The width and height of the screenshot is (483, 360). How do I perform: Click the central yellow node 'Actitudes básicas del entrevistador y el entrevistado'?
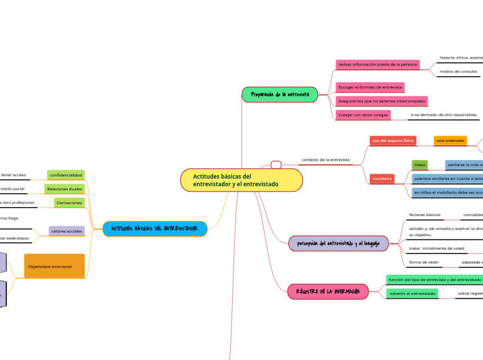[x=241, y=180]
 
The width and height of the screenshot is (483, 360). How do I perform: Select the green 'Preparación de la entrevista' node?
[x=279, y=94]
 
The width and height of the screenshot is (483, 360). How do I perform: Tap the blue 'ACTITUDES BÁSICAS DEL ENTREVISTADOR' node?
[x=155, y=228]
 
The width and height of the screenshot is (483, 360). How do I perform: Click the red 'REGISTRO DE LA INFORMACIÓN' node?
[x=328, y=291]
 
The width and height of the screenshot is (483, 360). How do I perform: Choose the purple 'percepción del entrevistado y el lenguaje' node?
[x=338, y=244]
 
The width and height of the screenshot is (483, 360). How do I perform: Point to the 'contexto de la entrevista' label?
[x=325, y=159]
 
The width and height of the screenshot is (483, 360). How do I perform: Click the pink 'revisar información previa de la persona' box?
[x=378, y=64]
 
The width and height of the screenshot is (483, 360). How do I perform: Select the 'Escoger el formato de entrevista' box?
[x=369, y=87]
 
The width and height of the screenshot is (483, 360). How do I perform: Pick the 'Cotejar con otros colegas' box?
[x=362, y=114]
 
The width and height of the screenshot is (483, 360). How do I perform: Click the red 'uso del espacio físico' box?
[x=393, y=141]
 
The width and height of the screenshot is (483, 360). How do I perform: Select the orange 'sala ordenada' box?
[x=450, y=141]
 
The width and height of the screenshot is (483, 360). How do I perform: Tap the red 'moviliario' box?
[x=383, y=179]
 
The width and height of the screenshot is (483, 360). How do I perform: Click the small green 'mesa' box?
[x=420, y=165]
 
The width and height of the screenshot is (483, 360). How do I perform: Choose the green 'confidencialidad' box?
[x=66, y=175]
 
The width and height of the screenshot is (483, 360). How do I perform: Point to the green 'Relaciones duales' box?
[x=64, y=189]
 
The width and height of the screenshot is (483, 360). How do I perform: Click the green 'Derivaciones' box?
[x=69, y=203]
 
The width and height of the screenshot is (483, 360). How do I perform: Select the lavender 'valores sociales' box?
[x=67, y=231]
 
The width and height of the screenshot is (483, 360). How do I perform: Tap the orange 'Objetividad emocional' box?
[x=54, y=266]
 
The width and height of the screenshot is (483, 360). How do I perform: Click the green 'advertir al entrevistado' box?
[x=412, y=294]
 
